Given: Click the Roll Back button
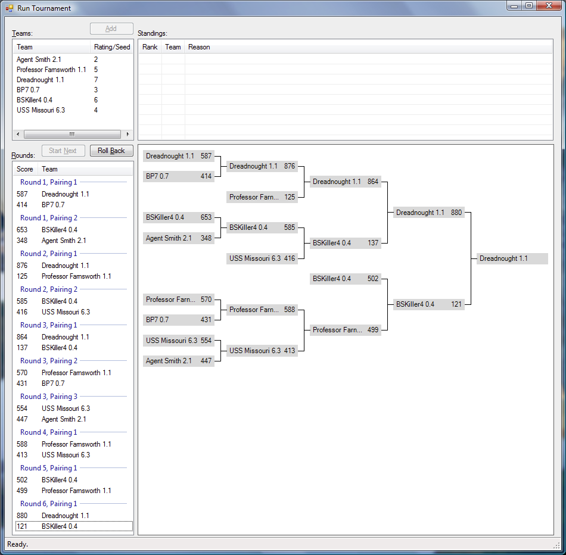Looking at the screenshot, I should click(111, 151).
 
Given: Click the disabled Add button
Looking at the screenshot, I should click(111, 29).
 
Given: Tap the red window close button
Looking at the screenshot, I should click(545, 6).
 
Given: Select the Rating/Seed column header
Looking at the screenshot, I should click(111, 47).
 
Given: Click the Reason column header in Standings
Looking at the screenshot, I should click(199, 47).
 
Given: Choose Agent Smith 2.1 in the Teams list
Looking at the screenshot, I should click(39, 60).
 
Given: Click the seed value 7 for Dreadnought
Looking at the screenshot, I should click(96, 80).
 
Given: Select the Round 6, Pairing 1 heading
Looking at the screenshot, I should click(49, 504).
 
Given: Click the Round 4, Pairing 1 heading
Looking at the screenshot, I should click(49, 432).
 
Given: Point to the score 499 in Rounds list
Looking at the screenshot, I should click(22, 491).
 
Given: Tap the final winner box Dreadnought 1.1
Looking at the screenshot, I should click(512, 258).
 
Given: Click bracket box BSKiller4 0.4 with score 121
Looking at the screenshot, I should click(428, 304).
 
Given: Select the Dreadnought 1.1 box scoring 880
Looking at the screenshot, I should click(428, 213).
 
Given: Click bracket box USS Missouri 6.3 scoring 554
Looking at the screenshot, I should click(178, 341).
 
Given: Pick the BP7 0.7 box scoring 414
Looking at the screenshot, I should click(178, 176).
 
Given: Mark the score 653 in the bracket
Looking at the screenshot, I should click(206, 217).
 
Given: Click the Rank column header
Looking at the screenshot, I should click(150, 47).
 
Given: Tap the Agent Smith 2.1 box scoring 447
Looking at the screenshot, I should click(178, 361).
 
